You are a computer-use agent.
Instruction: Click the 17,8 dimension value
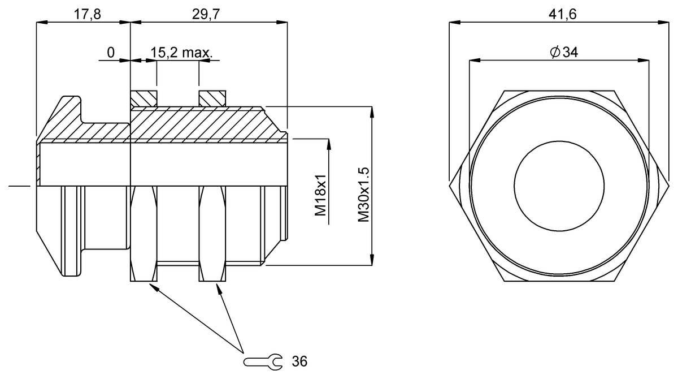point(88,15)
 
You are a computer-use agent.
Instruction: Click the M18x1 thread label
point(321,195)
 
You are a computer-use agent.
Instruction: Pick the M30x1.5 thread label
point(363,195)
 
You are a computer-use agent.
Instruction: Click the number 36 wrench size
point(299,361)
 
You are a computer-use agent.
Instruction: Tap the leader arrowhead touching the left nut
point(152,286)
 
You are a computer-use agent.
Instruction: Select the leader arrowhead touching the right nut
point(219,287)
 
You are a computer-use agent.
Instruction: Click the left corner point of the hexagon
point(449,184)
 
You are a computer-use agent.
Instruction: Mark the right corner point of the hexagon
point(667,184)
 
